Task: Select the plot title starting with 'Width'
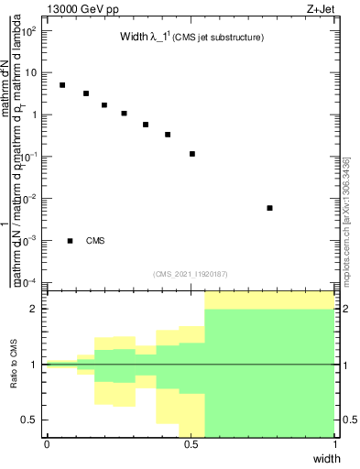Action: pyautogui.click(x=192, y=38)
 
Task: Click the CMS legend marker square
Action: pyautogui.click(x=71, y=241)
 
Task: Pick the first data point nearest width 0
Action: pyautogui.click(x=62, y=85)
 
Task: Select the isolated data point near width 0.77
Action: pyautogui.click(x=269, y=208)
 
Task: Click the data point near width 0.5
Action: pyautogui.click(x=192, y=154)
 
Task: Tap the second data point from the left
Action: pyautogui.click(x=86, y=93)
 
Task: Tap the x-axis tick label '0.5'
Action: pyautogui.click(x=191, y=444)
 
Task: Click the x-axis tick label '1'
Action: pyautogui.click(x=335, y=444)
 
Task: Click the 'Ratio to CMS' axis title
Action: pyautogui.click(x=14, y=364)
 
